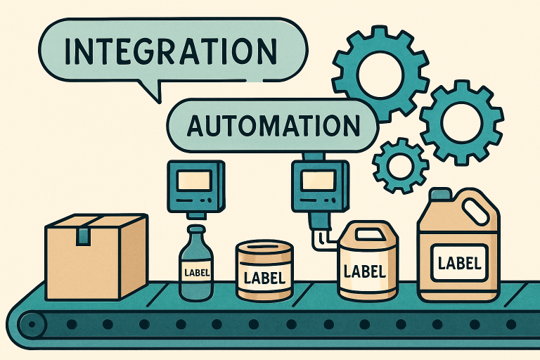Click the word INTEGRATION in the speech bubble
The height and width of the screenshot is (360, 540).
tap(171, 51)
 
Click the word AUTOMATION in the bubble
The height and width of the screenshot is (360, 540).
tap(273, 125)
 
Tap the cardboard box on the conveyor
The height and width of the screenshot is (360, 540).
tap(97, 257)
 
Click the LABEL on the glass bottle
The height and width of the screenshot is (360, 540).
tap(197, 273)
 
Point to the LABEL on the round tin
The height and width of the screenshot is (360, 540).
tap(264, 278)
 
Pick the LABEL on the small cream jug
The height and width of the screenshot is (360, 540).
tap(365, 271)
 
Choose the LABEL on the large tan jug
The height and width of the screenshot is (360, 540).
tap(459, 264)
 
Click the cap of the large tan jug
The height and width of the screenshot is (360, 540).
tap(441, 194)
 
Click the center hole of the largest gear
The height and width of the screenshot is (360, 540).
tap(380, 73)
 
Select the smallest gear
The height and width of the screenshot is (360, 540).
tap(400, 165)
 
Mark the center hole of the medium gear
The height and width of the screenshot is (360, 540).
tap(461, 122)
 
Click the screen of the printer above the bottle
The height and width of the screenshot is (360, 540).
tap(193, 181)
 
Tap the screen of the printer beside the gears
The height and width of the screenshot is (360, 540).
tap(318, 181)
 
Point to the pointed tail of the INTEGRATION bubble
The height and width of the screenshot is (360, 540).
tap(159, 103)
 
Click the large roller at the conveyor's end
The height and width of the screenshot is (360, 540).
tap(32, 324)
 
